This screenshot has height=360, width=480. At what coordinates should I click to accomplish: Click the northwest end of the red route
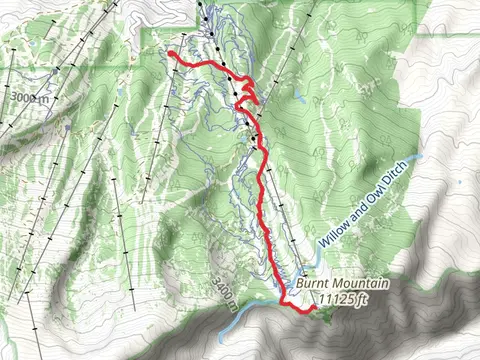tap(172, 54)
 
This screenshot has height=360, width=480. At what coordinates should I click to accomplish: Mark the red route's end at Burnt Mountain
tap(312, 311)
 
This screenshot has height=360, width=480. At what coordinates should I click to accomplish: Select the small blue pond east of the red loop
tap(297, 98)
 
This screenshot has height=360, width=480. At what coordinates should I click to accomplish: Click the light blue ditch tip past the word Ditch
tap(420, 157)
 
